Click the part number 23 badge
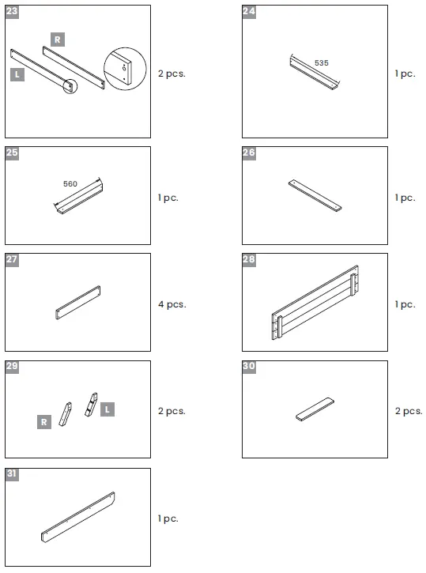12,12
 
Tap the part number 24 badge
249,12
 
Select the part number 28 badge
249,260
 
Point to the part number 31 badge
12,474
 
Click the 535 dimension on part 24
321,62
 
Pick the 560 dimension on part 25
70,183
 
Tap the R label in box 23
57,39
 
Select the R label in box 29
44,422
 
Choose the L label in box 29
107,409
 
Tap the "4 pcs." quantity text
172,304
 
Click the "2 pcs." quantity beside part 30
409,411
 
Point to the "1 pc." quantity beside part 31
168,518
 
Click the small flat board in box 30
314,409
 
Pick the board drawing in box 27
77,303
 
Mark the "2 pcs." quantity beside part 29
172,411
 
